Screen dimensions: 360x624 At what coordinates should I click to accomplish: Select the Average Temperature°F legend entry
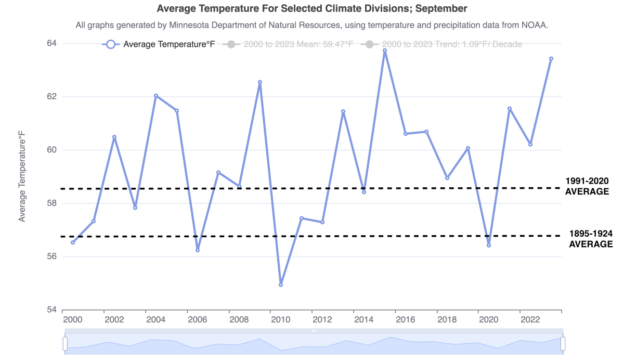tap(159, 44)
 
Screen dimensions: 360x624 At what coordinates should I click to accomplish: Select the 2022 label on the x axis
tap(530, 319)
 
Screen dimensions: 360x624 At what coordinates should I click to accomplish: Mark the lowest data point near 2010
tap(281, 285)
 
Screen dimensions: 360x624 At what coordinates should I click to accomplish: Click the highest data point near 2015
tap(385, 50)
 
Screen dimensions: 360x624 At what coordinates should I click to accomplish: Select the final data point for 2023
tap(551, 59)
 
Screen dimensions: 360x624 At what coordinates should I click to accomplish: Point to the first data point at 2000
tap(73, 242)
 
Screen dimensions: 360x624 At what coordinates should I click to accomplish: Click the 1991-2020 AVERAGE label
tap(587, 186)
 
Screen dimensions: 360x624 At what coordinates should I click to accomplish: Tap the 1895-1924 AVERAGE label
tap(591, 239)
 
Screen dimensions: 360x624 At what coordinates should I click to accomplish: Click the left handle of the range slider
tap(66, 344)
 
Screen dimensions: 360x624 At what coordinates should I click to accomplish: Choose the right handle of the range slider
tap(563, 344)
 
